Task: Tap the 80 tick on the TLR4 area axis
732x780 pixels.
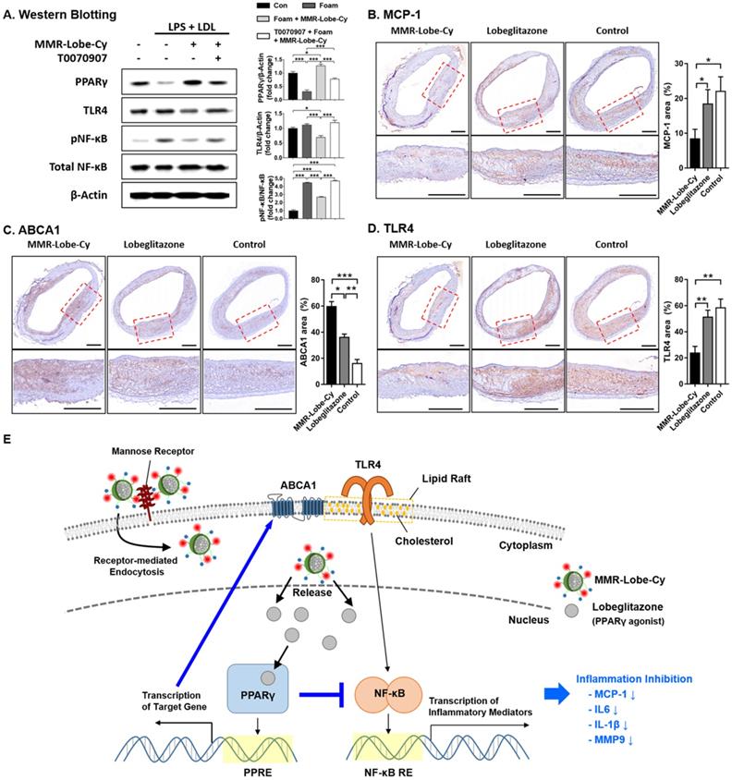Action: (672, 278)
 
